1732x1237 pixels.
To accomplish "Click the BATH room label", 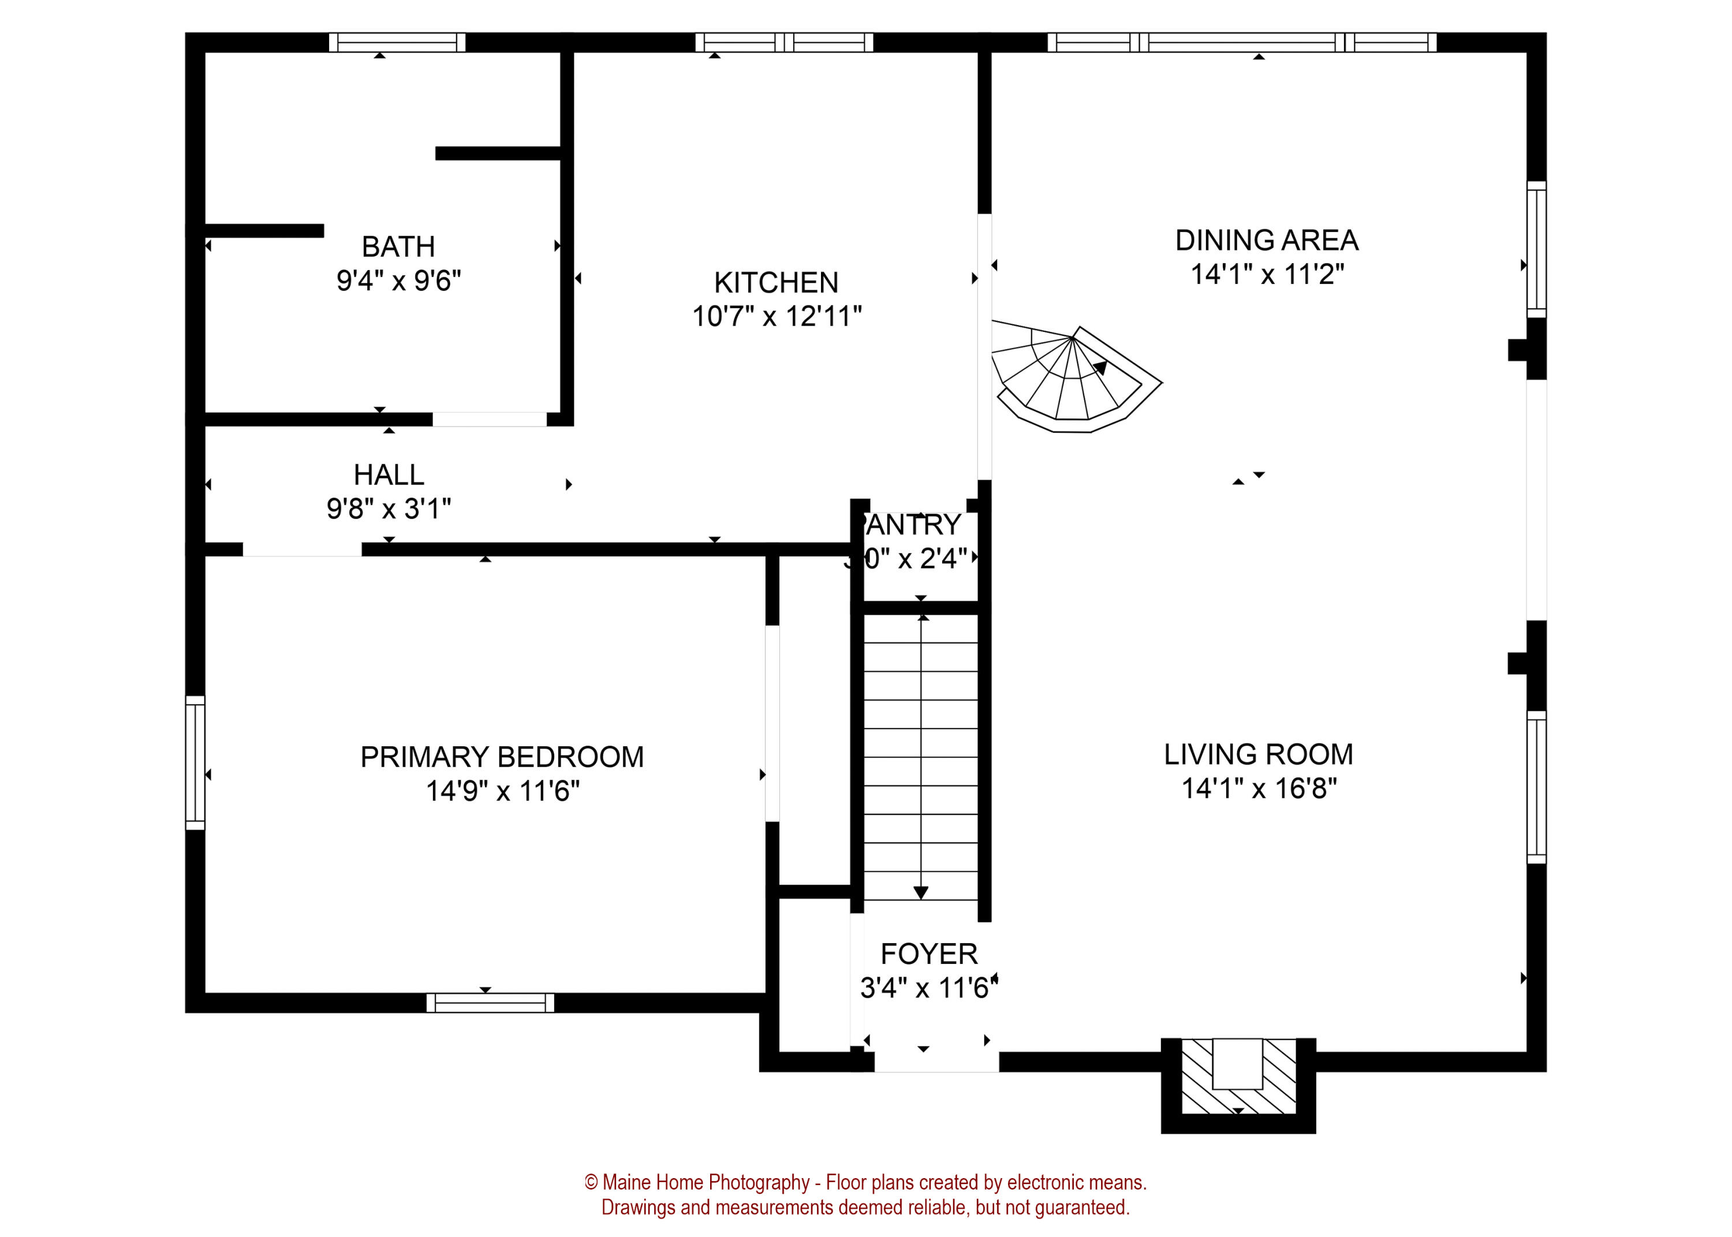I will point(398,247).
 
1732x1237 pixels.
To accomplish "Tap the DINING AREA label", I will point(1266,240).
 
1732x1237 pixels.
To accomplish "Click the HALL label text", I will point(389,474).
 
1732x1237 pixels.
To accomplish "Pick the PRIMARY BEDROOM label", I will point(501,757).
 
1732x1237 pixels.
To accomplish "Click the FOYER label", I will point(928,954).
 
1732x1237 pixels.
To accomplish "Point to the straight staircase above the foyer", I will point(920,754).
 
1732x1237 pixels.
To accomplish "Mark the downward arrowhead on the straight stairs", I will point(920,893).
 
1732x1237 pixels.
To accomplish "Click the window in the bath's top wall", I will point(397,43).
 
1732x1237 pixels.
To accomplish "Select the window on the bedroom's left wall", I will point(195,763).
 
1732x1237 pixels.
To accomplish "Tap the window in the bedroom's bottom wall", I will point(490,1003).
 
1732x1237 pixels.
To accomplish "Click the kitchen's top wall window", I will point(784,43).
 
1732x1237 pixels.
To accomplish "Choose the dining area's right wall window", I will point(1536,249).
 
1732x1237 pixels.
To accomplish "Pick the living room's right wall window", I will point(1536,787).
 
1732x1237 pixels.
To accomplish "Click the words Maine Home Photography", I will point(706,1182).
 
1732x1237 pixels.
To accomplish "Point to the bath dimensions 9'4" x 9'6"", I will point(398,281).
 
